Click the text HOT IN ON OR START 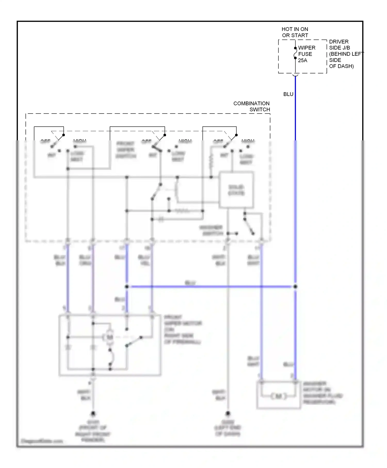click(x=295, y=32)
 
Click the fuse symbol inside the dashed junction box click(x=295, y=53)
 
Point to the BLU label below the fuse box click(x=288, y=94)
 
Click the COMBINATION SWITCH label click(x=252, y=106)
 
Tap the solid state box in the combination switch click(x=236, y=190)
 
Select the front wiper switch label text click(x=126, y=150)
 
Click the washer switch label click(x=211, y=230)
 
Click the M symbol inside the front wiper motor click(x=110, y=337)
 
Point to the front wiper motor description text click(x=183, y=329)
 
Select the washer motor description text click(x=322, y=393)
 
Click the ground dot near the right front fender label click(x=93, y=414)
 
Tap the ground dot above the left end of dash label click(x=228, y=414)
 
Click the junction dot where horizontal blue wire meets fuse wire click(x=295, y=287)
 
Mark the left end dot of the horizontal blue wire click(x=127, y=287)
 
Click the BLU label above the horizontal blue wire click(x=190, y=283)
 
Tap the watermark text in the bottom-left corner click(x=42, y=441)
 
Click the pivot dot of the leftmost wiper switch click(x=63, y=135)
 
